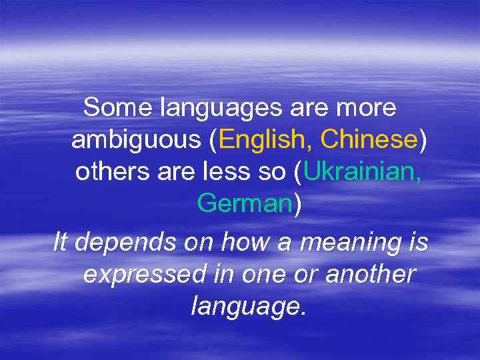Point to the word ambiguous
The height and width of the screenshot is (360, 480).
(136, 141)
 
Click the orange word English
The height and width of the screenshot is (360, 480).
(266, 141)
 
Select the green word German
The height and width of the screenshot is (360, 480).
(245, 204)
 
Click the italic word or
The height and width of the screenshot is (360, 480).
(296, 275)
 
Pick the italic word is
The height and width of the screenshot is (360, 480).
(419, 242)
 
